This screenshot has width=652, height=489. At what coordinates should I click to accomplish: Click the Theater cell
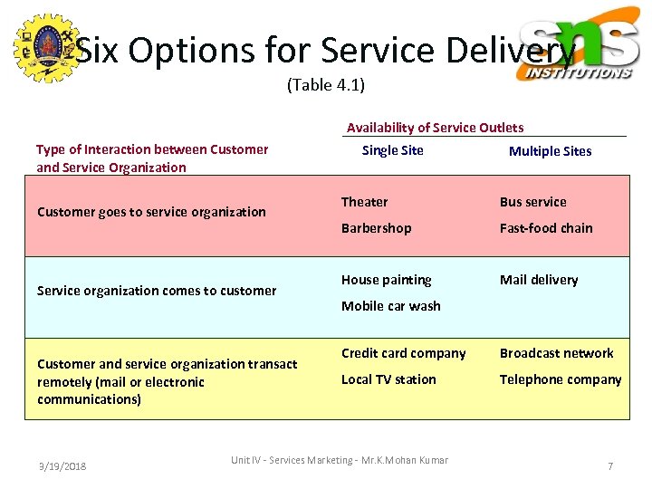click(x=364, y=202)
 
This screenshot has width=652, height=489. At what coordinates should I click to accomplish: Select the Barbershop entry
click(x=376, y=228)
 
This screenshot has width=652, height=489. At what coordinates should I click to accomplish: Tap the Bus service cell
click(x=532, y=202)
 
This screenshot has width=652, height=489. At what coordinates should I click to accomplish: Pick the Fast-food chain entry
click(x=546, y=228)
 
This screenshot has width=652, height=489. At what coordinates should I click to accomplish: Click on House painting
click(x=386, y=280)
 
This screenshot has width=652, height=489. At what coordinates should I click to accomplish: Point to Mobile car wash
click(x=390, y=306)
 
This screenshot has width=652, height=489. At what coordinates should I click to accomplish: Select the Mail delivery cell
click(x=538, y=280)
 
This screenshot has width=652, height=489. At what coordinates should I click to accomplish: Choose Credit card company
click(x=403, y=353)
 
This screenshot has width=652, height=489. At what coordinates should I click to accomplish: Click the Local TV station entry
click(x=388, y=379)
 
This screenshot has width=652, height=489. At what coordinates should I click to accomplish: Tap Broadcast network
click(x=556, y=353)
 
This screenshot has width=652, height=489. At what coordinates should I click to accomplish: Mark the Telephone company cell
click(x=561, y=379)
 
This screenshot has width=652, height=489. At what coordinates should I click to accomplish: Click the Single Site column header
click(x=392, y=150)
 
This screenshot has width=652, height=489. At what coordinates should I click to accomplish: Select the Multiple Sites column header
click(x=550, y=151)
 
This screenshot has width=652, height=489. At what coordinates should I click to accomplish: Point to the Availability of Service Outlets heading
click(x=435, y=128)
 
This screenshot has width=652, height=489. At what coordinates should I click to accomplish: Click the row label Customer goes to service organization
click(x=151, y=212)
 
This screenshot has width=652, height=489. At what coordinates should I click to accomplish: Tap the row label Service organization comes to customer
click(x=157, y=291)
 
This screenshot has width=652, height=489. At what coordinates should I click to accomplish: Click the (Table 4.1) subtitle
click(x=326, y=85)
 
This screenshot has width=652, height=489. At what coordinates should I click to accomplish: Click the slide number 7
click(x=610, y=466)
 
